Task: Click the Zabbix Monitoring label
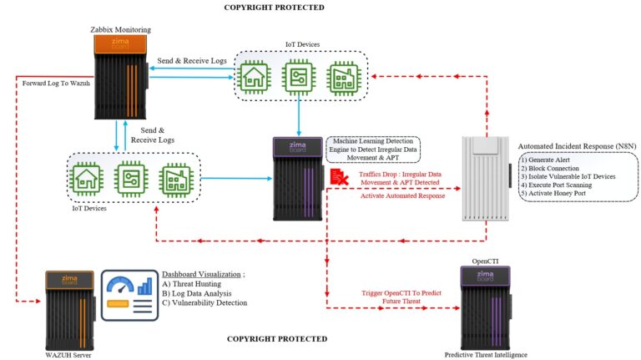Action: pyautogui.click(x=120, y=30)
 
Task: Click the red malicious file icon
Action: pyautogui.click(x=339, y=175)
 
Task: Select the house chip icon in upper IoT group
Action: pyautogui.click(x=254, y=76)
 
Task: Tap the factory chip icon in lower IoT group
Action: pyautogui.click(x=176, y=180)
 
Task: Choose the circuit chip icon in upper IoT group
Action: pyautogui.click(x=298, y=76)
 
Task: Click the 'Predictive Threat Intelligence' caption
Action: pyautogui.click(x=486, y=355)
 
